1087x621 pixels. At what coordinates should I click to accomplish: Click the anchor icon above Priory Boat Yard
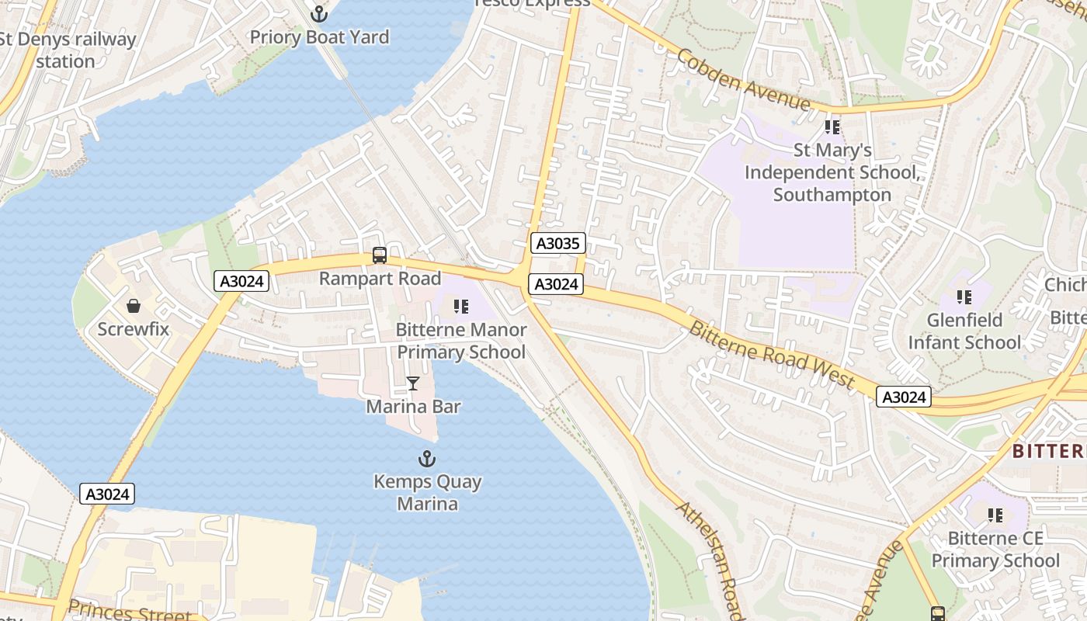click(x=318, y=13)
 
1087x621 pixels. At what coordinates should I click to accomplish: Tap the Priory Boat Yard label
click(x=319, y=36)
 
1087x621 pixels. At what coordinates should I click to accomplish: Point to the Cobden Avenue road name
click(x=743, y=79)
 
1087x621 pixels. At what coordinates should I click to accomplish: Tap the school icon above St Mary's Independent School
click(x=832, y=127)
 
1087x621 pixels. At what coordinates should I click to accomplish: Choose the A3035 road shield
click(x=557, y=244)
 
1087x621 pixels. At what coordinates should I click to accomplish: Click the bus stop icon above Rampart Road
click(x=380, y=255)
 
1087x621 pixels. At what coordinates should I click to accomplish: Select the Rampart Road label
click(x=380, y=278)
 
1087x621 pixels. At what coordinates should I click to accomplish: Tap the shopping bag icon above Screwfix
click(x=134, y=305)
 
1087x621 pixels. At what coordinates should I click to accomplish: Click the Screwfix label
click(x=134, y=328)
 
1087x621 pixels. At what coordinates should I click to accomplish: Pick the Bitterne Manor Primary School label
click(x=462, y=341)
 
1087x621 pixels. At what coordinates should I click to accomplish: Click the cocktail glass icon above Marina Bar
click(x=413, y=383)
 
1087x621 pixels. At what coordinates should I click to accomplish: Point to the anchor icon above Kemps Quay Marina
click(x=427, y=459)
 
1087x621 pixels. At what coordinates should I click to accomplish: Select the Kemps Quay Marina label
click(x=428, y=493)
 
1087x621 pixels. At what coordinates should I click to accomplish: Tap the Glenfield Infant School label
click(x=964, y=331)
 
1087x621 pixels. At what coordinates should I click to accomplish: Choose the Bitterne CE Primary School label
click(x=995, y=550)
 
